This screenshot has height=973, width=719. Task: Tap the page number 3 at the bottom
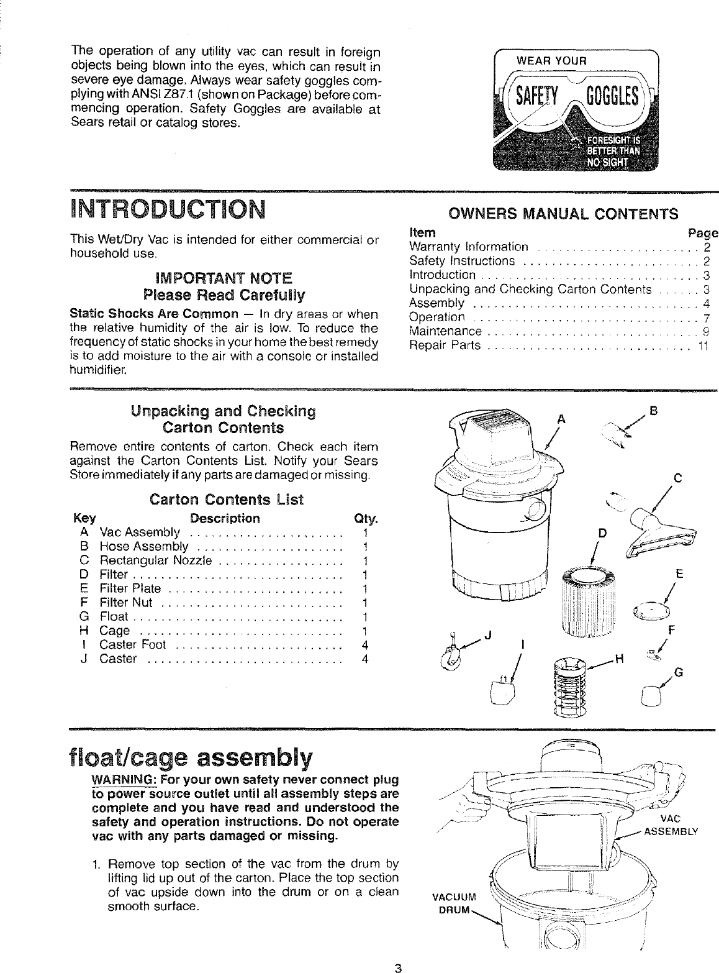click(x=398, y=966)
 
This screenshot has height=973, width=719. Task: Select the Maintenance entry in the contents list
click(x=446, y=331)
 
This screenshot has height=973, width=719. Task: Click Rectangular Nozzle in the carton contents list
click(x=156, y=561)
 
